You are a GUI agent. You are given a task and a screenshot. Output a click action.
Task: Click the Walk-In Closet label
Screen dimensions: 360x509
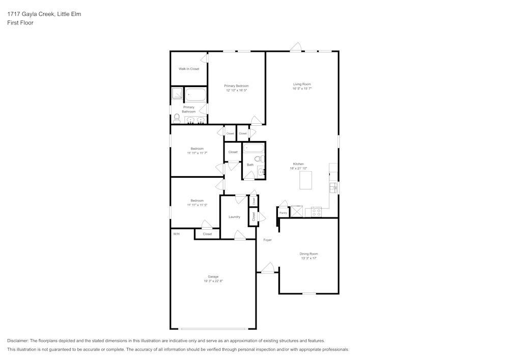pos(188,69)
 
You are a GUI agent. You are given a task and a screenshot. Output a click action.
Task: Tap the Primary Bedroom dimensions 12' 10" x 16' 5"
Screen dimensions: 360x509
pos(236,90)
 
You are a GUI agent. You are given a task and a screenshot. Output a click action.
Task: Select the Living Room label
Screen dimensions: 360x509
pos(302,84)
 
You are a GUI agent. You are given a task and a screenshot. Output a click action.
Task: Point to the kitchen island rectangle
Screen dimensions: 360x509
pos(305,180)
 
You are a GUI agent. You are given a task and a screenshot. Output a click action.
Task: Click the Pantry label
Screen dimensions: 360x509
pos(283,212)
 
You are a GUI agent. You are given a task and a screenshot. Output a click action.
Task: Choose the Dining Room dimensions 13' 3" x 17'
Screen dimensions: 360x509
pos(308,258)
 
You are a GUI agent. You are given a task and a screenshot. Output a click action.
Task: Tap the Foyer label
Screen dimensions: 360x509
pos(267,240)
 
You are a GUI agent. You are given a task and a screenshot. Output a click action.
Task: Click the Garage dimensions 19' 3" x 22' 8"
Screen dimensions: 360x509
pos(213,281)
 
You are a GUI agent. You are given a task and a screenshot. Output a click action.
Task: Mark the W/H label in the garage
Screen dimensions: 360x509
pos(176,234)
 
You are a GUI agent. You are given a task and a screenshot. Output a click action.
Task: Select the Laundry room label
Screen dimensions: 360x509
pos(234,217)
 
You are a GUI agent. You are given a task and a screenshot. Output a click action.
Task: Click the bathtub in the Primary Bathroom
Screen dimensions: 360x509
pos(195,95)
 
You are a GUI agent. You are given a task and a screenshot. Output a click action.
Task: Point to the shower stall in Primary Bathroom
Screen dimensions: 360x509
pos(177,93)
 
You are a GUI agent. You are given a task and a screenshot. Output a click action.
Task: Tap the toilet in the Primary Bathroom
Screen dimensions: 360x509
pos(177,118)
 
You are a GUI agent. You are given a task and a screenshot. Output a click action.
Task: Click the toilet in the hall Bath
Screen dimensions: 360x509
pos(259,159)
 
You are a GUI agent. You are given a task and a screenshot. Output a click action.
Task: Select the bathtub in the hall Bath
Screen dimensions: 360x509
pos(253,148)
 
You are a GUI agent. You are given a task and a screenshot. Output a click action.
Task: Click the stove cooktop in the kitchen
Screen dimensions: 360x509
pos(316,211)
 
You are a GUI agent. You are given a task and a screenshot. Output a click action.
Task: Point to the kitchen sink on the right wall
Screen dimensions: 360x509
pos(334,188)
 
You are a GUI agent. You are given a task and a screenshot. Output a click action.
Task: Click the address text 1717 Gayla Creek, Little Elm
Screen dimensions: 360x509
pos(44,14)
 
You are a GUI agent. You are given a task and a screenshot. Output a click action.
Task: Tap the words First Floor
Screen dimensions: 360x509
pos(20,23)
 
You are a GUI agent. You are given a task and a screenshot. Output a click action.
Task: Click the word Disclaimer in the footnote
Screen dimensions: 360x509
pos(18,341)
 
